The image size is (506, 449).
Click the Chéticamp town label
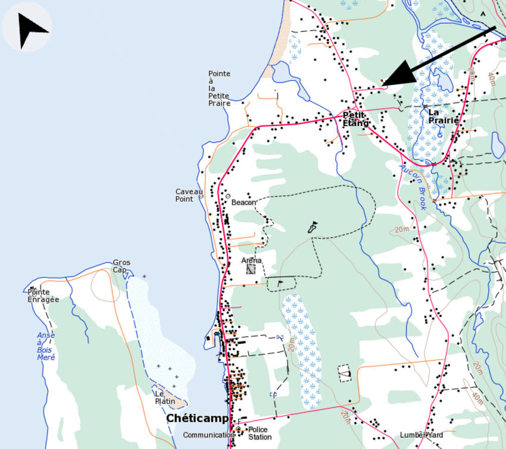pyautogui.click(x=197, y=419)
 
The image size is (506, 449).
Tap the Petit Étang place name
pyautogui.click(x=355, y=119)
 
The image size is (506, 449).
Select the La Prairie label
pyautogui.click(x=443, y=116)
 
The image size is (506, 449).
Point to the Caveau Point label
pyautogui.click(x=185, y=195)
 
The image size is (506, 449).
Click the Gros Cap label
pyautogui.click(x=121, y=266)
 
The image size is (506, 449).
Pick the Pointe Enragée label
pyautogui.click(x=43, y=296)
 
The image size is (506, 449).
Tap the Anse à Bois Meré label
pyautogui.click(x=45, y=346)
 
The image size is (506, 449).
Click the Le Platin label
pyautogui.click(x=165, y=397)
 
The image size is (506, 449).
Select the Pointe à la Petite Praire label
pyautogui.click(x=219, y=89)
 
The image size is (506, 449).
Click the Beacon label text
pyautogui.click(x=243, y=202)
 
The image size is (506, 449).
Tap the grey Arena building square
pyautogui.click(x=251, y=269)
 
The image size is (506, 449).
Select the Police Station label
pyautogui.click(x=260, y=433)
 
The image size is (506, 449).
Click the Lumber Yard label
pyautogui.click(x=421, y=435)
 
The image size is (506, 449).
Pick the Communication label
pyautogui.click(x=208, y=435)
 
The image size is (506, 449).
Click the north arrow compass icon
pyautogui.click(x=27, y=27)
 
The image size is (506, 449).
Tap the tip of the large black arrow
pyautogui.click(x=382, y=84)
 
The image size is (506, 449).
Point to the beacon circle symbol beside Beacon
pyautogui.click(x=227, y=196)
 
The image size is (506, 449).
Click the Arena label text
pyautogui.click(x=251, y=260)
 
